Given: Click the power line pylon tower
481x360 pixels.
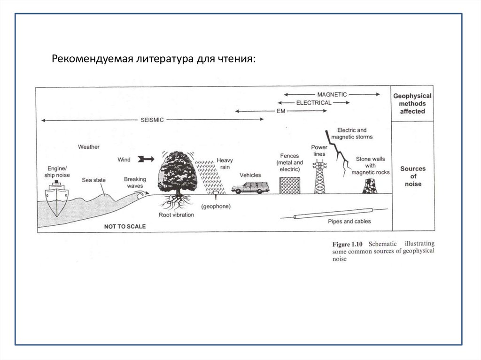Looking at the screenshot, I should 319,176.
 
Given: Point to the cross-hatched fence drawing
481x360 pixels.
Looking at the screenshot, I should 289,185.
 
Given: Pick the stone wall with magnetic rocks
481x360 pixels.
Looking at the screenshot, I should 369,186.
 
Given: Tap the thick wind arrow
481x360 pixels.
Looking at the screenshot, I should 146,160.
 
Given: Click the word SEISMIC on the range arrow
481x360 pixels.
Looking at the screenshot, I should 152,120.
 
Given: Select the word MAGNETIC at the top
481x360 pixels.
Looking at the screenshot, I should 332,94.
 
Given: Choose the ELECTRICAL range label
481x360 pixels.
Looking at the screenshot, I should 314,102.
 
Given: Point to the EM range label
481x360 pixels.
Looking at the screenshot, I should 281,111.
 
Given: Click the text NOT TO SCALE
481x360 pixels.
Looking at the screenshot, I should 125,226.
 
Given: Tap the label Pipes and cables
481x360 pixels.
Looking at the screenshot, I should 349,221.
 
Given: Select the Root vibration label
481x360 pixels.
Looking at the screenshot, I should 176,214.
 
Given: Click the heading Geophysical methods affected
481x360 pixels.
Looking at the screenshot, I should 412,103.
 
